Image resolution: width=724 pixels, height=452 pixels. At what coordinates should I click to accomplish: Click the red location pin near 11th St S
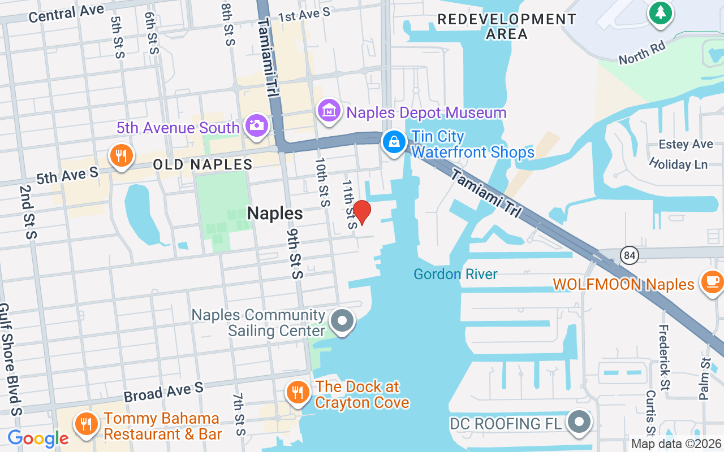pos(362,212)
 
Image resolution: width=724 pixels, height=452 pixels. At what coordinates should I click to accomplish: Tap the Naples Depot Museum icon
pos(328,111)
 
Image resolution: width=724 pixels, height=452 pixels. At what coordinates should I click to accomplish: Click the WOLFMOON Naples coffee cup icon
pos(712,280)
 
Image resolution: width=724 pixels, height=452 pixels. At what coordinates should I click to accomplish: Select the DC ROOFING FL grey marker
pos(579,421)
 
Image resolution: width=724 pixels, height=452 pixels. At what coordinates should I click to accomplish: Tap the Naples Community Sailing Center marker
pos(342,321)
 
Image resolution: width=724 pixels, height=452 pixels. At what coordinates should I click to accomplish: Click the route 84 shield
pos(629,255)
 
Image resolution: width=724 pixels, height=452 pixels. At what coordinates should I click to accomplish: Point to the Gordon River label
pos(455,275)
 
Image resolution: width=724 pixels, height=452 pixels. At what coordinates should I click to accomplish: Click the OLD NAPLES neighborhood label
pos(202,165)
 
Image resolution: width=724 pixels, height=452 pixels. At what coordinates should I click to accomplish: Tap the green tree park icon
pos(660,12)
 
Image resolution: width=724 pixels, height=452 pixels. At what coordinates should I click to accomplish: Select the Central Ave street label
pos(66,13)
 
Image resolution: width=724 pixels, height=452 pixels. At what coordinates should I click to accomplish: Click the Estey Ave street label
pos(686,145)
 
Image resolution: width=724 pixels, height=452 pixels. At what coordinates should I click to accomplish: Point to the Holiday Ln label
pos(678,164)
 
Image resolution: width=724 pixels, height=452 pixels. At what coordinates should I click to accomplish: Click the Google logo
pos(38,438)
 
